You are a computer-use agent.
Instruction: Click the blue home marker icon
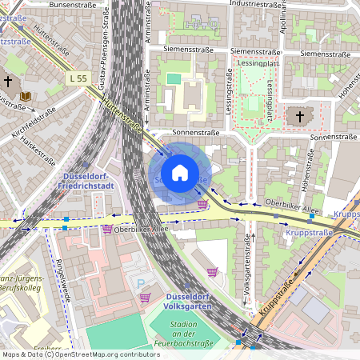coord(180,173)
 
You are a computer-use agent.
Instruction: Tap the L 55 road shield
coord(78,78)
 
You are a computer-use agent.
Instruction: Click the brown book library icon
coord(26,97)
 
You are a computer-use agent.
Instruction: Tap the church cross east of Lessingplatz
coord(300,118)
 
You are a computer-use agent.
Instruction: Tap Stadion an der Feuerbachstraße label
coord(188,333)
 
